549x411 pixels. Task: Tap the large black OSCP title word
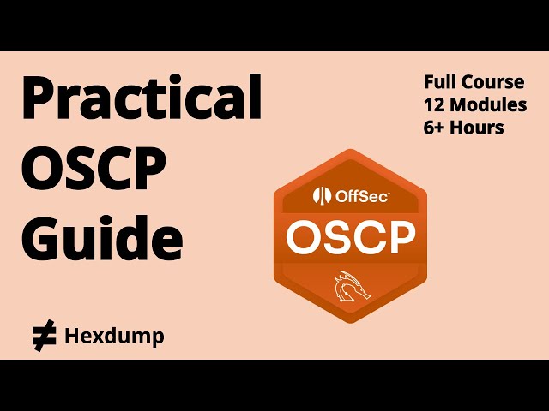point(94,170)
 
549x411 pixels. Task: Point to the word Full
point(441,83)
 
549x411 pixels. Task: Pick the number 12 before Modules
point(435,105)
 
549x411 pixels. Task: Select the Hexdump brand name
point(114,337)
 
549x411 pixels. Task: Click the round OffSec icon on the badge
point(322,196)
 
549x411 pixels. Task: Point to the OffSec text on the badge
point(361,196)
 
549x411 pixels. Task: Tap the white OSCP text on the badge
point(350,237)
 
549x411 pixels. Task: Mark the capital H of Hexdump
point(73,337)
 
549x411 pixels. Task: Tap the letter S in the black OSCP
point(76,170)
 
